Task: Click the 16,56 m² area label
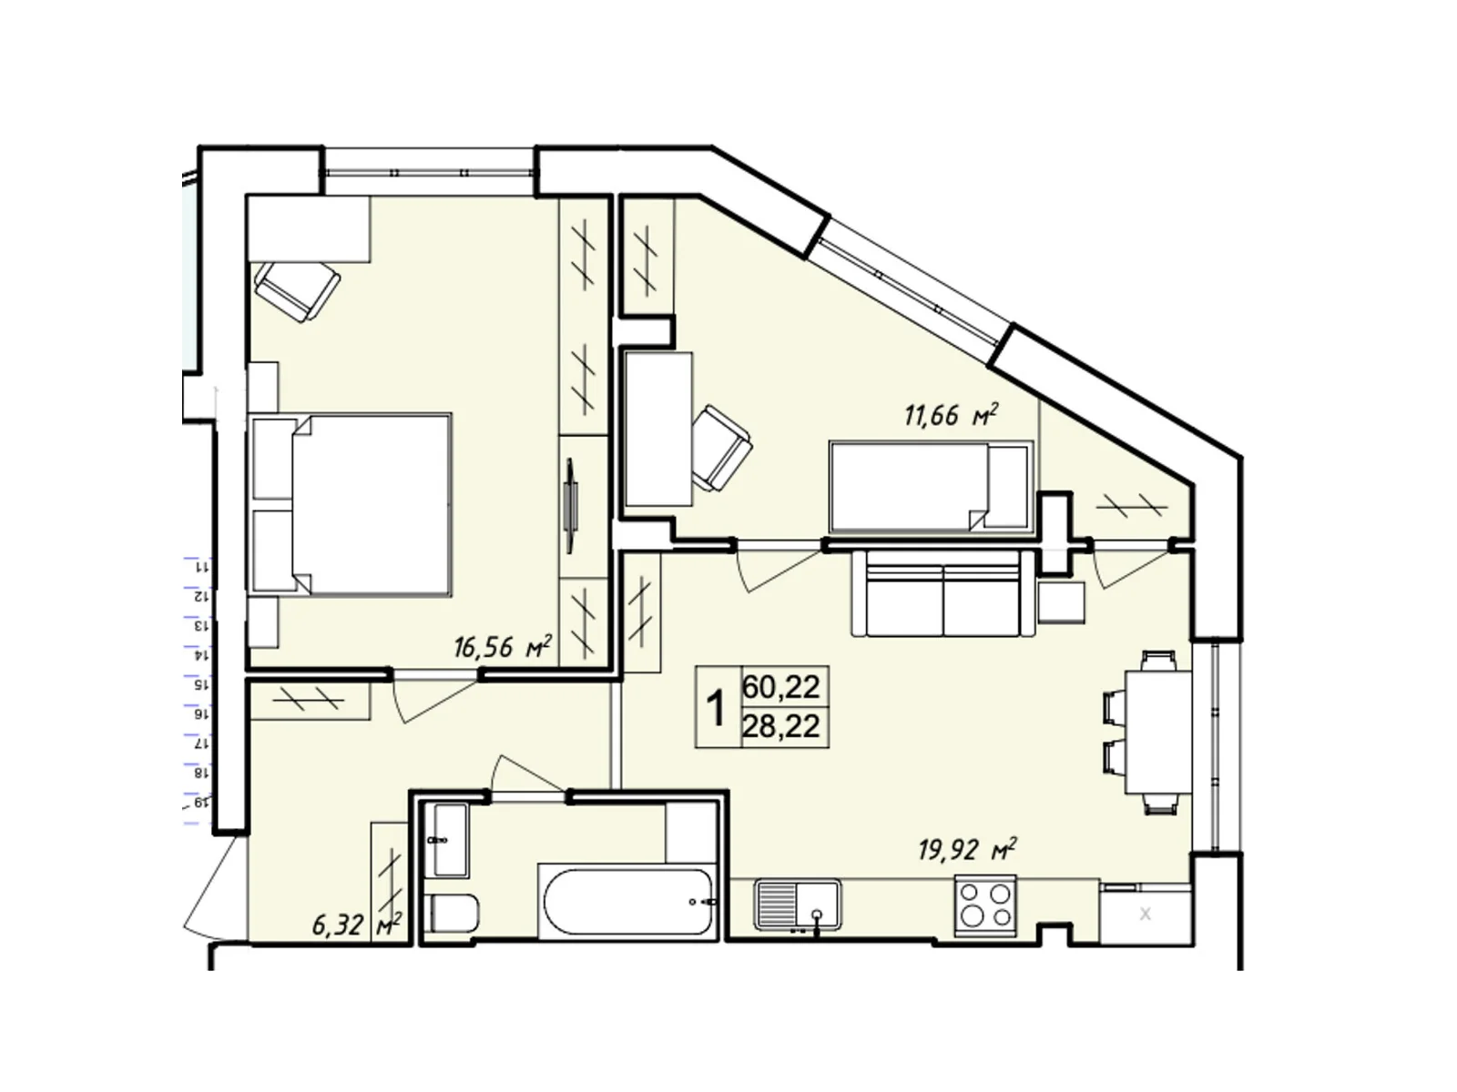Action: pos(503,646)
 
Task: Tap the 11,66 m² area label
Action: pos(952,415)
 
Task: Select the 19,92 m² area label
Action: pos(968,849)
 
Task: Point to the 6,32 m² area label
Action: pos(357,925)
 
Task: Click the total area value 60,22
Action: pos(781,687)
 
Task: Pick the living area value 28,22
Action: pos(781,727)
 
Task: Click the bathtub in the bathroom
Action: pos(628,902)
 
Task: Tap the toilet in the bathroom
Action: pos(451,914)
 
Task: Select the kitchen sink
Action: pos(797,905)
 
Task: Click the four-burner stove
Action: pos(985,905)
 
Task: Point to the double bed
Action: pos(351,504)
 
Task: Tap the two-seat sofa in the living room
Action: pos(943,592)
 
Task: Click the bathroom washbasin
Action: pos(445,839)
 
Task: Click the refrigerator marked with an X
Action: pos(1145,913)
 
